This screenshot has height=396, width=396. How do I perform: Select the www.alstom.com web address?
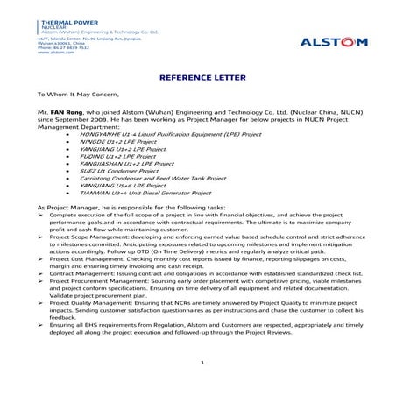coord(54,52)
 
